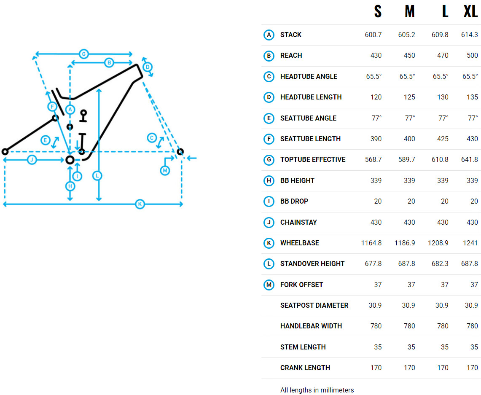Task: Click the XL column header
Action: point(470,12)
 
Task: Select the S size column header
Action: point(378,12)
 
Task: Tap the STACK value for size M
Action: point(406,35)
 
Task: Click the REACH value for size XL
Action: point(472,56)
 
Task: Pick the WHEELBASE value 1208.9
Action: point(438,243)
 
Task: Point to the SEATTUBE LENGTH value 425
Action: point(443,139)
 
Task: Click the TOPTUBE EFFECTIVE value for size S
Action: point(374,160)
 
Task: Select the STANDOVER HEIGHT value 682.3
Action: point(440,264)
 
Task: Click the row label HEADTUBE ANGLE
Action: point(309,76)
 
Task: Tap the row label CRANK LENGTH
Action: point(305,368)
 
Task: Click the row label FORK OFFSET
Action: point(301,285)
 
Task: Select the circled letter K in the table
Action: point(269,243)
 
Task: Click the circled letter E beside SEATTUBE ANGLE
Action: point(269,118)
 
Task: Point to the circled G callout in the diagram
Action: point(84,54)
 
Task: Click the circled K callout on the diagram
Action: point(140,204)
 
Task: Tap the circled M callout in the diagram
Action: point(165,170)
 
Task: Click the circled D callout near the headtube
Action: point(148,67)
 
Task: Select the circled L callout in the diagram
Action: point(97,176)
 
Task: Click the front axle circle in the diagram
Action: point(180,151)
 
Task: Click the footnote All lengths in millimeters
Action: point(317,390)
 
